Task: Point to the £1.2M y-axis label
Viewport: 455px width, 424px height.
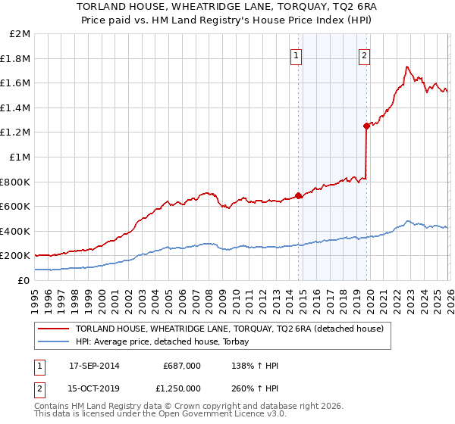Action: point(16,132)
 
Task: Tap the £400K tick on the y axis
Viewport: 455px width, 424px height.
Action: point(16,231)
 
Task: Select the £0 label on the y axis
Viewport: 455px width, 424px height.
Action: point(24,280)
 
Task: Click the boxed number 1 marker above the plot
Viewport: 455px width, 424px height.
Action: point(295,55)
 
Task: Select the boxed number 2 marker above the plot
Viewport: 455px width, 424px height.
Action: point(365,55)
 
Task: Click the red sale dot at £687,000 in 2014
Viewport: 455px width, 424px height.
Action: point(298,195)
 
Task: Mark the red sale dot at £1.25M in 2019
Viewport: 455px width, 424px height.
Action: point(366,126)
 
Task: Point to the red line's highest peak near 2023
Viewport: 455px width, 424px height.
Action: point(407,67)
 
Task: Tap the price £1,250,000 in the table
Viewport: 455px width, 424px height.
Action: point(182,390)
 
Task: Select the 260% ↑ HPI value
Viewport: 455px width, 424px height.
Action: point(253,390)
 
